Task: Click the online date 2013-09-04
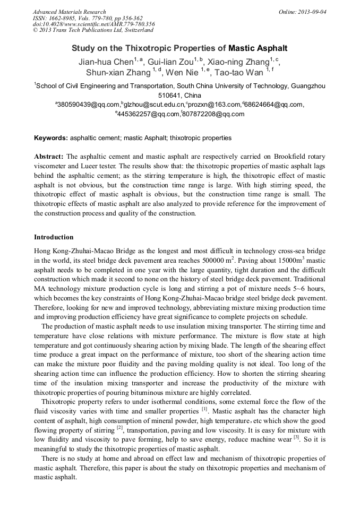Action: point(312,12)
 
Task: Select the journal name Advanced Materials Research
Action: point(69,12)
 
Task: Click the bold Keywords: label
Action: point(51,138)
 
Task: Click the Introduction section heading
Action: point(54,237)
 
